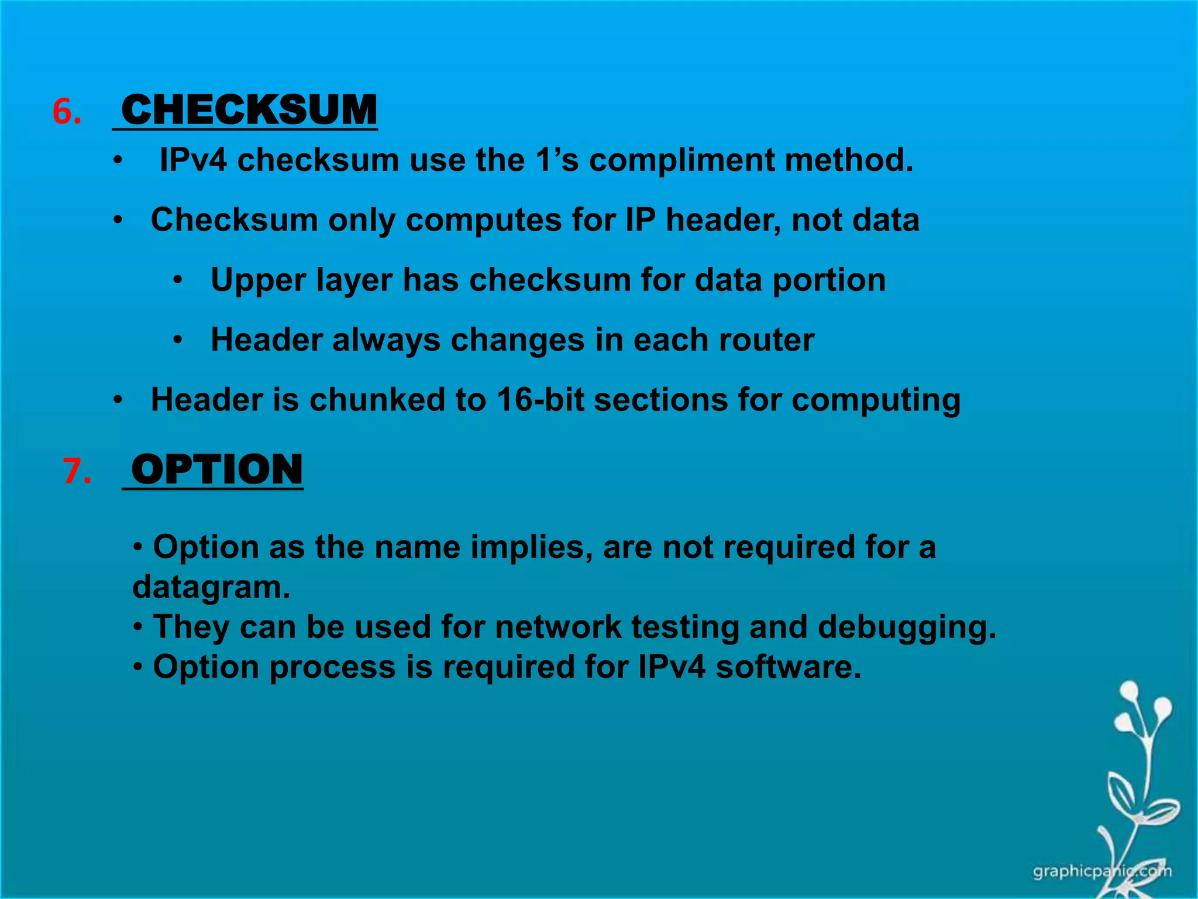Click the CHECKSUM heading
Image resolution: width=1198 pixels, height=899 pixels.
pos(249,110)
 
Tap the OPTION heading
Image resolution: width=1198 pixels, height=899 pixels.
pos(217,470)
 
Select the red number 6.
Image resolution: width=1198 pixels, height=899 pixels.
pos(66,111)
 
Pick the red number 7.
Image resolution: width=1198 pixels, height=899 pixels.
pos(77,471)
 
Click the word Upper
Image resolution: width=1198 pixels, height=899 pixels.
pos(259,280)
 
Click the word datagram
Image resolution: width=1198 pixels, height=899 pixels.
pos(211,587)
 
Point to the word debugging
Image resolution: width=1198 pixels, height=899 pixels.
pos(907,627)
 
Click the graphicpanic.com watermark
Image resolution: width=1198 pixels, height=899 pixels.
pos(1102,871)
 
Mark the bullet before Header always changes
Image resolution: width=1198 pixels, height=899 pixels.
pos(178,340)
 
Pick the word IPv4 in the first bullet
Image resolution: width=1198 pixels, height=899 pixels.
pos(193,160)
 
